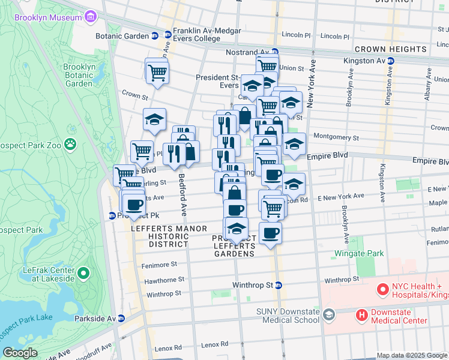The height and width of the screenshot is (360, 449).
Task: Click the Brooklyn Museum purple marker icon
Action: pos(90,17)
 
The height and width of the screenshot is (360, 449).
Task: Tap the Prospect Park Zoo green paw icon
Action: pos(71,144)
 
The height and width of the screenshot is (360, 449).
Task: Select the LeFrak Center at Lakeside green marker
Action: pos(83,274)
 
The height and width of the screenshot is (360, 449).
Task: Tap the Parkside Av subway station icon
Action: pos(121,319)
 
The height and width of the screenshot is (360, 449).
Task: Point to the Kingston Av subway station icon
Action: pos(390,61)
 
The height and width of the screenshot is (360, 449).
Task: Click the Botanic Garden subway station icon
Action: pos(154,36)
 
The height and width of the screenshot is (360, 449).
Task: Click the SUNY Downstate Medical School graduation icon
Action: pos(328,314)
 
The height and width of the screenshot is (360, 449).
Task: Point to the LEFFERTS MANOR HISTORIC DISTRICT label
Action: pos(170,236)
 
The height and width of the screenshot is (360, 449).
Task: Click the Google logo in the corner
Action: pos(20,353)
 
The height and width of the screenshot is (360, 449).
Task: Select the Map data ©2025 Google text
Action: pos(412,355)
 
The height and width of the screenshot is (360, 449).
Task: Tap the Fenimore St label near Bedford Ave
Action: pos(159,264)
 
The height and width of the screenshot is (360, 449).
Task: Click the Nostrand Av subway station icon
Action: pos(274,52)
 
